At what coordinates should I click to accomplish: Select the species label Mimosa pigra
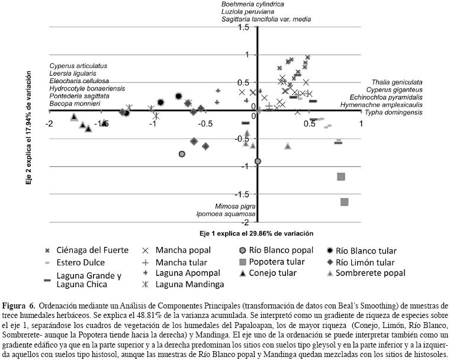[x=236, y=205]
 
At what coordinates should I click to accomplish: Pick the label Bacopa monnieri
[x=75, y=104]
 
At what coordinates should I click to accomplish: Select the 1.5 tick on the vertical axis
[x=243, y=27]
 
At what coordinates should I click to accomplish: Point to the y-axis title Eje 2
[x=28, y=128]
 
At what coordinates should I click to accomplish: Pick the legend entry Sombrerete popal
[x=370, y=272]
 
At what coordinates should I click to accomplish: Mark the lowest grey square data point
[x=345, y=202]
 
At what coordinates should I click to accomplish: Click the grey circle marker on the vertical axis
[x=258, y=161]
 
